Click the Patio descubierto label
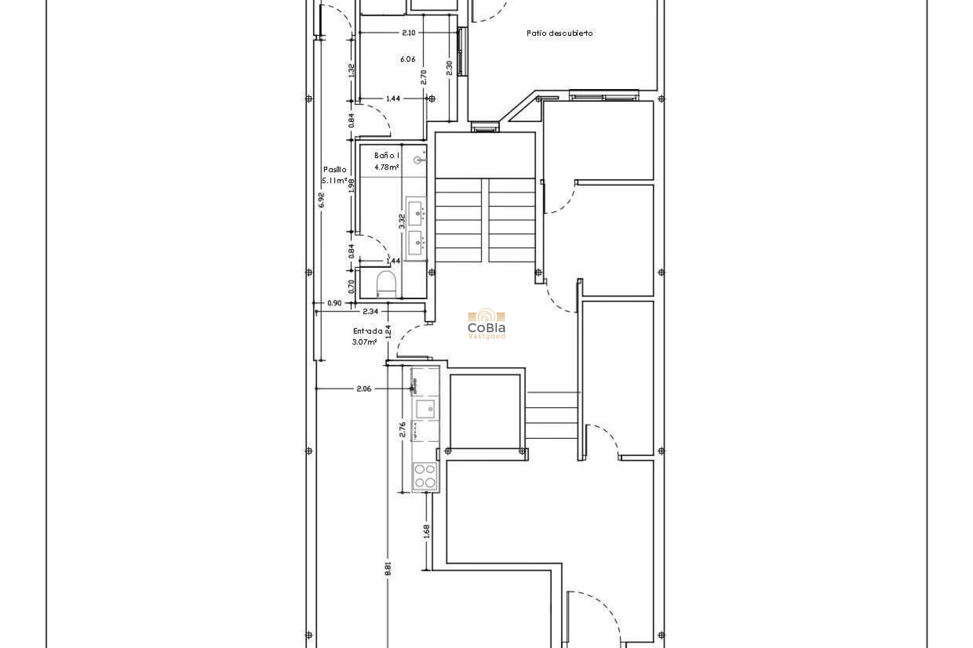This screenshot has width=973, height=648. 559,33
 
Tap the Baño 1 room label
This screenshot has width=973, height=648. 387,155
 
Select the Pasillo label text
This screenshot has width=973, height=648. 334,170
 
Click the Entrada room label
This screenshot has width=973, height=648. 367,331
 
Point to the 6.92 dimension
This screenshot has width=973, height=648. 321,200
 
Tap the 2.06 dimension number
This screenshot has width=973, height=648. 364,389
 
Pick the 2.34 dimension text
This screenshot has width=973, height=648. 370,311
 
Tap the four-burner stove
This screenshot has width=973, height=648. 425,476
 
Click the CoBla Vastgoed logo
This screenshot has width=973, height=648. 486,324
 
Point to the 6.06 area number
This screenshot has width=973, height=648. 407,59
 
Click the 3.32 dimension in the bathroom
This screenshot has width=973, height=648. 402,221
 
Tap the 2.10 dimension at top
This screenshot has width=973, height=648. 408,32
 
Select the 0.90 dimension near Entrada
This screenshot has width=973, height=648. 334,303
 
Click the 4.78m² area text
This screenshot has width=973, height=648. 386,167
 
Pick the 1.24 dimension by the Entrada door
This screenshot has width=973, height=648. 388,332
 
